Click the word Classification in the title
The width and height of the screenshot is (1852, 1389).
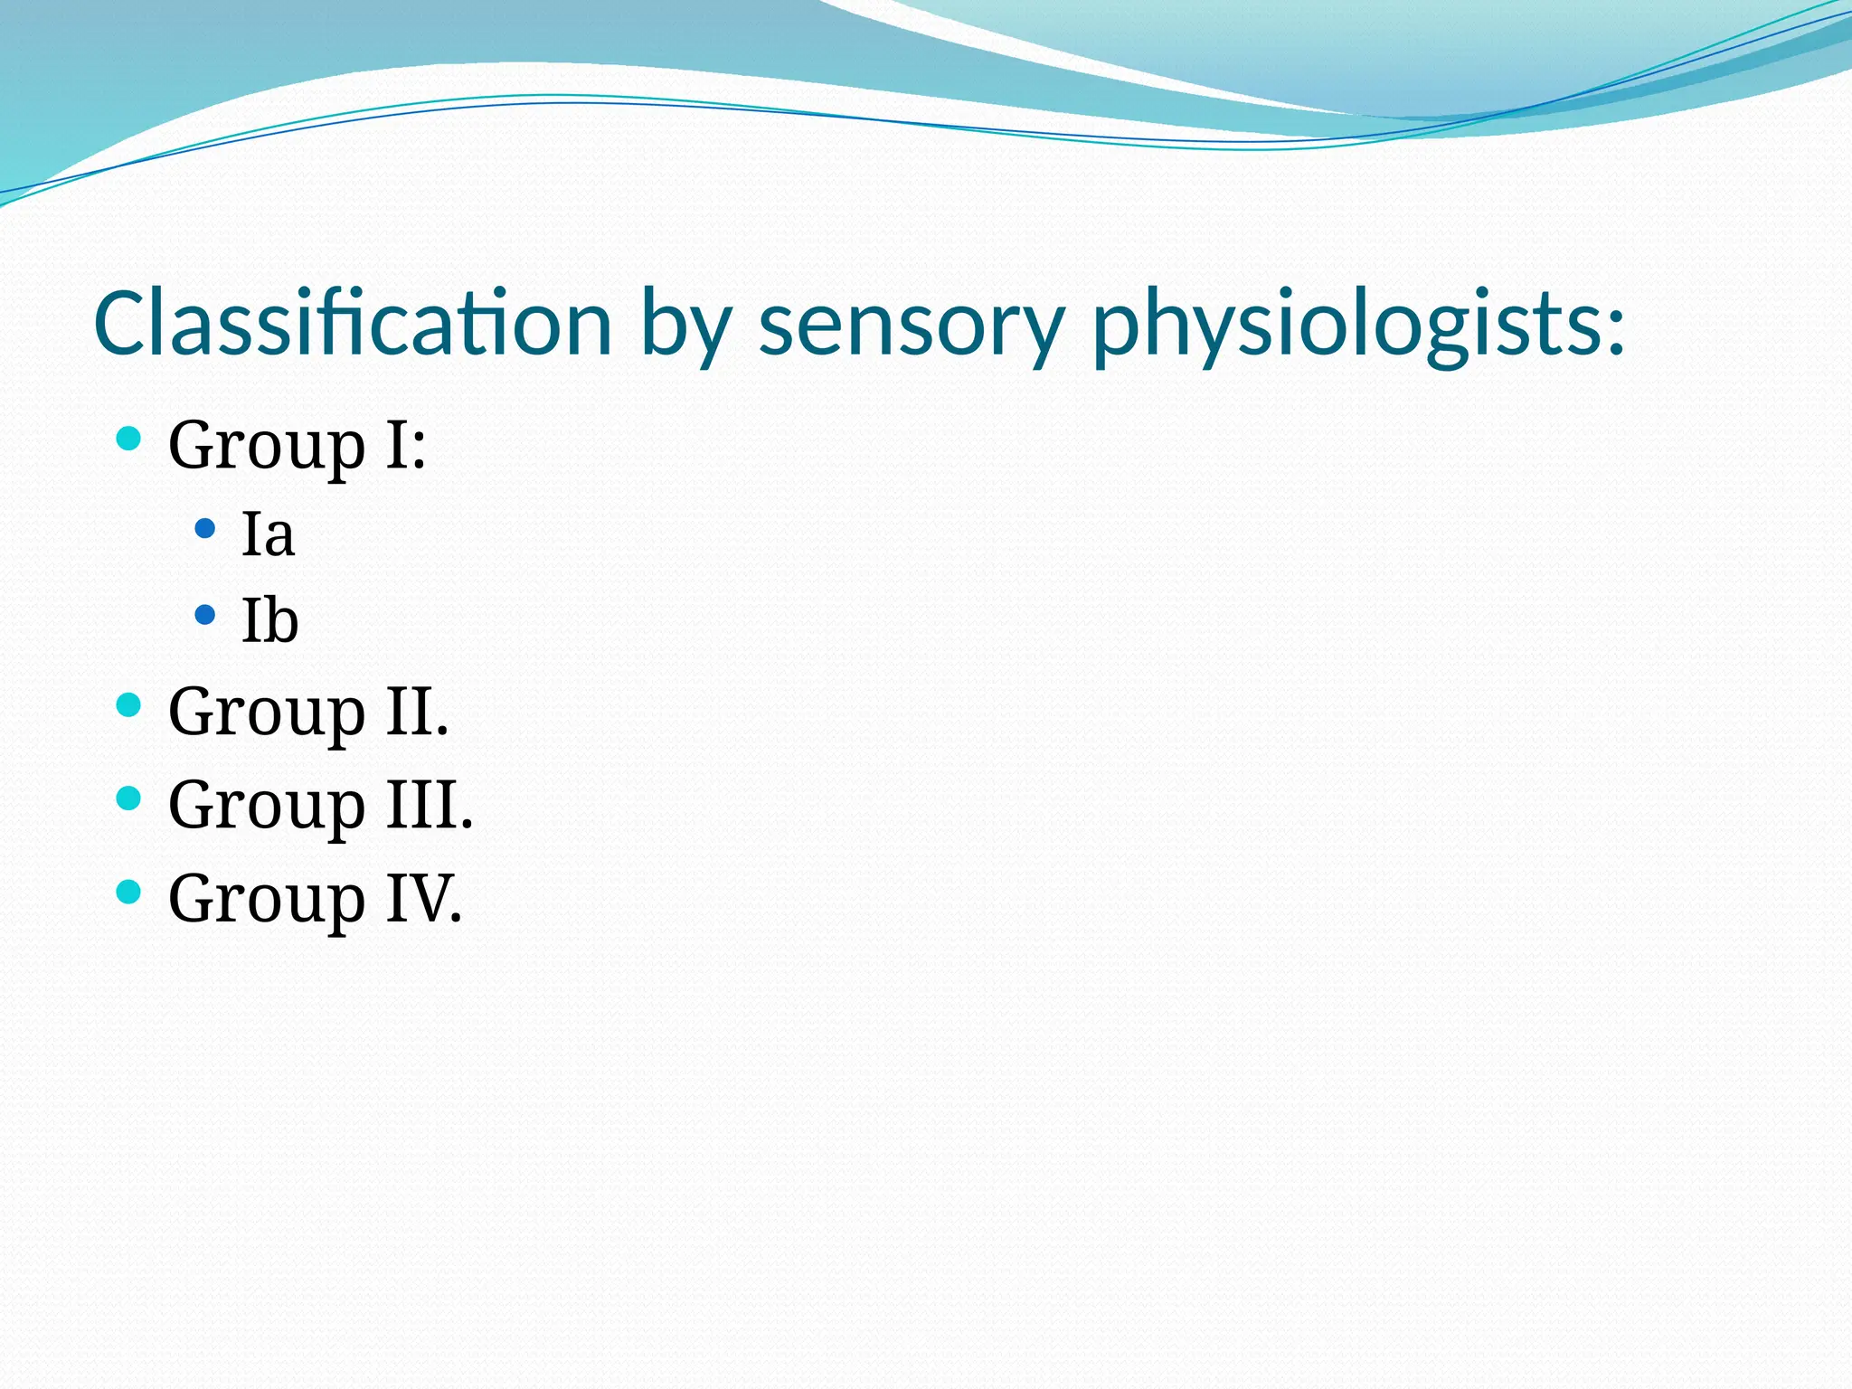(353, 324)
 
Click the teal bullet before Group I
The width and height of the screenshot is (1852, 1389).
(129, 439)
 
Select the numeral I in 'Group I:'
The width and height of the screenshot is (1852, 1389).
(398, 445)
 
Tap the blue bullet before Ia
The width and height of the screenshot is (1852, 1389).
(205, 528)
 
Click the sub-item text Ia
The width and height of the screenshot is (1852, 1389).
(268, 534)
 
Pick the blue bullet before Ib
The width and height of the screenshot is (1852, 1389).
(205, 615)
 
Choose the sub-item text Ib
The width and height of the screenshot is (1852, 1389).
(269, 620)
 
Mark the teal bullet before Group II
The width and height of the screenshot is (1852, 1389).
(129, 704)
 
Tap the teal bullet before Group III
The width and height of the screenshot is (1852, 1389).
(129, 798)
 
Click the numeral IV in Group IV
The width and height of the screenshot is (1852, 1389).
(417, 899)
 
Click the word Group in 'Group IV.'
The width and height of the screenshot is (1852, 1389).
(267, 901)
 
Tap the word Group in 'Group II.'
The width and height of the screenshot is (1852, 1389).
(267, 713)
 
